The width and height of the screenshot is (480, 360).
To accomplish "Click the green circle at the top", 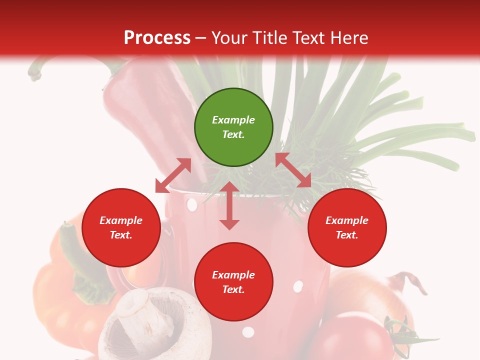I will pyautogui.click(x=233, y=127).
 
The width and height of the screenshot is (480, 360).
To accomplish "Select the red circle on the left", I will pyautogui.click(x=121, y=227).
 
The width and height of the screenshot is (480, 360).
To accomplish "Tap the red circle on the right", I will pyautogui.click(x=347, y=227).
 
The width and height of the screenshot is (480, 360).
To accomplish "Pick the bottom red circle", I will pyautogui.click(x=233, y=282).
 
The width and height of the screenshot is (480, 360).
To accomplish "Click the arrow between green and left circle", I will pyautogui.click(x=173, y=175).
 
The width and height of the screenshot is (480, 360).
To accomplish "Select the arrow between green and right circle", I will pyautogui.click(x=293, y=170).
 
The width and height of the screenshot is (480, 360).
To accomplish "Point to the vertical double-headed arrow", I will pyautogui.click(x=229, y=205).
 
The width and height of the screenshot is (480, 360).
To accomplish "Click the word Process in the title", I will pyautogui.click(x=157, y=37).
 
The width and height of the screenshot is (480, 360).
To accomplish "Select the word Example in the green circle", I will pyautogui.click(x=233, y=120).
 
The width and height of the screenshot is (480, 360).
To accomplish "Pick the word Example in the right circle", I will pyautogui.click(x=347, y=220).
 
